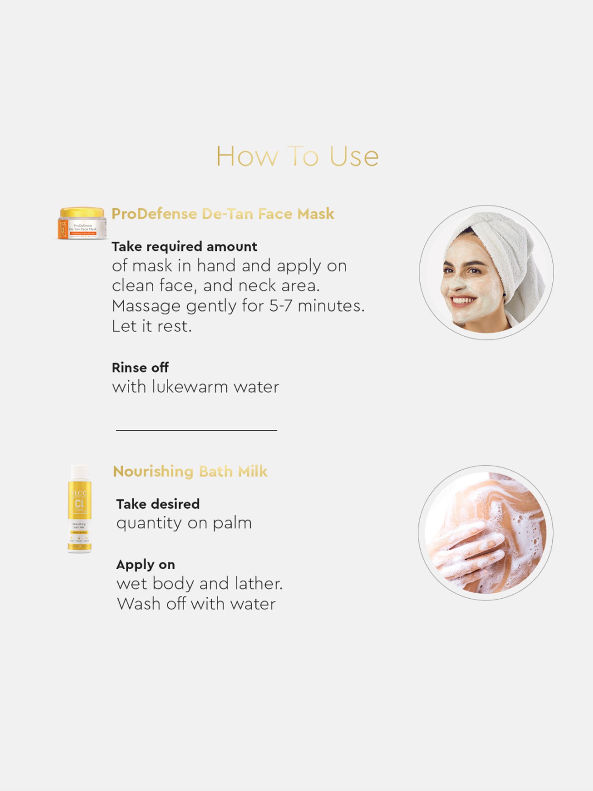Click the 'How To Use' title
coord(297,156)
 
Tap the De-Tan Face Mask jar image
coord(82,224)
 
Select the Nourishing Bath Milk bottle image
coord(79,509)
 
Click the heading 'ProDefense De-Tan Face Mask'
coord(223,214)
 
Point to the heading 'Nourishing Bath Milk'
coord(190,471)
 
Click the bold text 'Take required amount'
coord(184,247)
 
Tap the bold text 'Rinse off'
coord(140,368)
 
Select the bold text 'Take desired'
coord(158,504)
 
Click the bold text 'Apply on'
coord(145,565)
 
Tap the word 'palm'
coord(232,523)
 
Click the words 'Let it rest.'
coord(152,327)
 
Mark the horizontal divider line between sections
coord(196,430)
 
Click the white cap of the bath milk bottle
coord(80,471)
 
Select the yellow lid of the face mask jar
coord(82,212)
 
